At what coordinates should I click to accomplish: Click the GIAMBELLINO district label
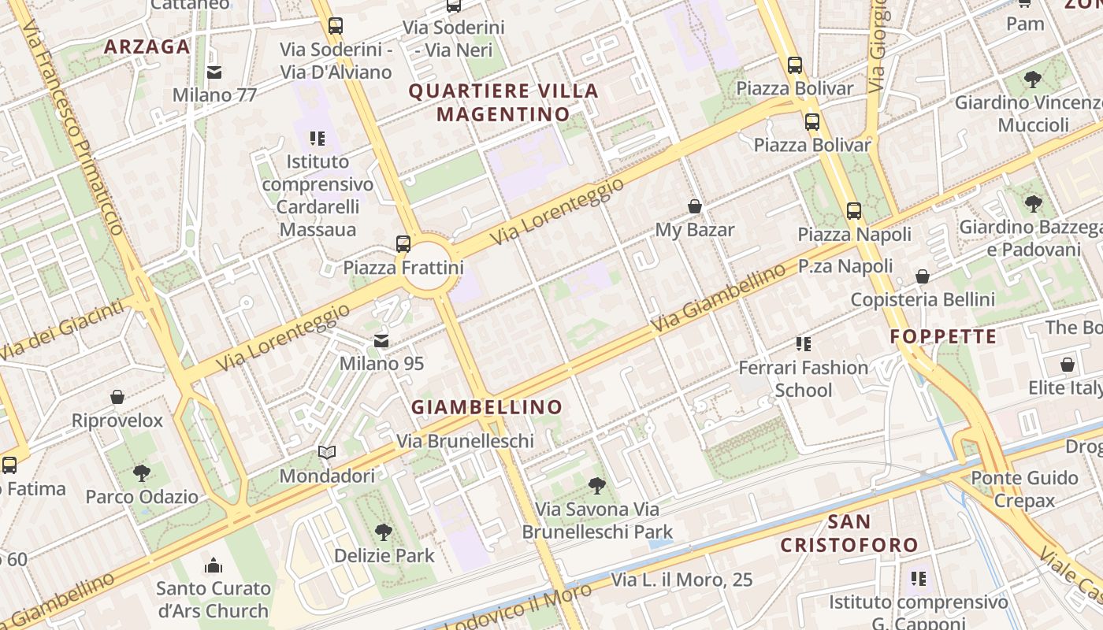[487, 407]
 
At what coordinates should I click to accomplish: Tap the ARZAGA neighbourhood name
[147, 46]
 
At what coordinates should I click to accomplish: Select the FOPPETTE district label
[943, 337]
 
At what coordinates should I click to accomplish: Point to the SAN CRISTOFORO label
[849, 533]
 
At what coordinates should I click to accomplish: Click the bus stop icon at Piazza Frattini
[403, 243]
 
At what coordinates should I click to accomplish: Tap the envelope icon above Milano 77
[214, 72]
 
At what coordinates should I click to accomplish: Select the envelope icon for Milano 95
[381, 341]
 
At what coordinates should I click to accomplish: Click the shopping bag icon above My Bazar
[695, 206]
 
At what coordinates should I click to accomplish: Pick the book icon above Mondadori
[327, 453]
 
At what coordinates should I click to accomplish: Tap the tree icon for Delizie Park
[384, 532]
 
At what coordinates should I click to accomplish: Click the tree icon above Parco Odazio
[142, 473]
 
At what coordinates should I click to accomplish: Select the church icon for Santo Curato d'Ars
[214, 565]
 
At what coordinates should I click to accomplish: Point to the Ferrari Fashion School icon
[803, 344]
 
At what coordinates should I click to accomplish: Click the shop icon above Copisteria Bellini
[922, 276]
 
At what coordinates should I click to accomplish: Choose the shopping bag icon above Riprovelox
[117, 397]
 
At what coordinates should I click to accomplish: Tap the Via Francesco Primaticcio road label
[73, 126]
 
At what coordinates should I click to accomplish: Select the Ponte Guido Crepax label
[1023, 489]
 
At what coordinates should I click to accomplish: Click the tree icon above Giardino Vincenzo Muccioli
[1032, 80]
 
